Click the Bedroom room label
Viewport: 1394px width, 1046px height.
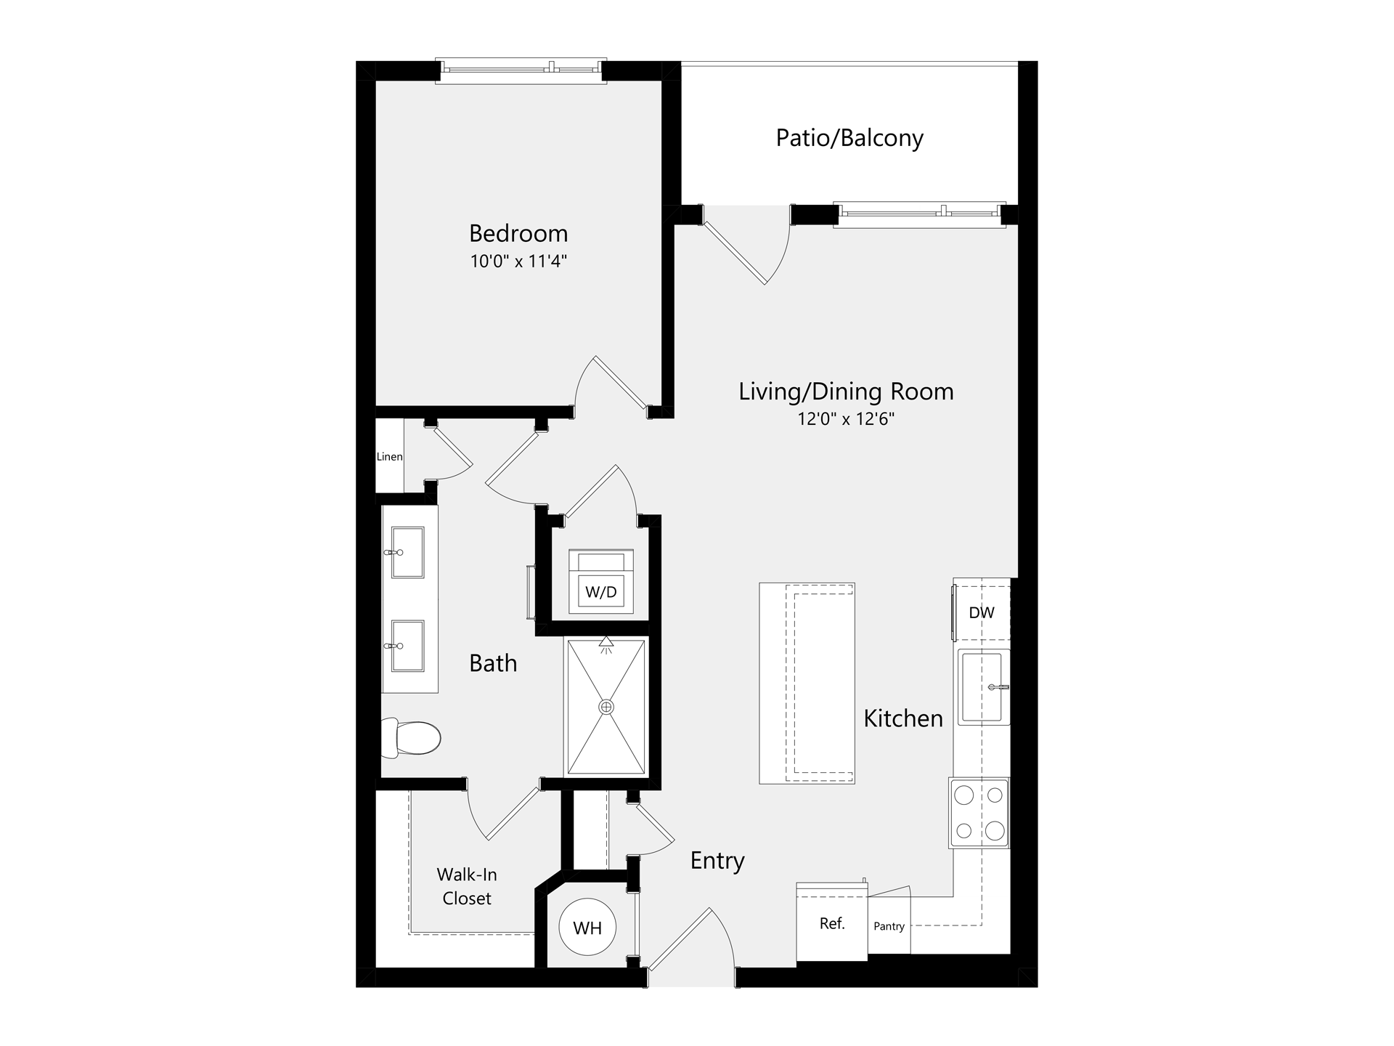pyautogui.click(x=518, y=233)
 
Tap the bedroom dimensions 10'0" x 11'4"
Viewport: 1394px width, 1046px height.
pyautogui.click(x=518, y=261)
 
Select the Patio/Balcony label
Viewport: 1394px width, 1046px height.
pyautogui.click(x=849, y=138)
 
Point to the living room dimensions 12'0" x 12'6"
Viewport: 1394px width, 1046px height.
pyautogui.click(x=846, y=419)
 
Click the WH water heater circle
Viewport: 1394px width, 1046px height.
pyautogui.click(x=587, y=927)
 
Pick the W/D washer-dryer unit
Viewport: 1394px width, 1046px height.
pyautogui.click(x=601, y=581)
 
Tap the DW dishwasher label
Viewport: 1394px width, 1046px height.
pyautogui.click(x=982, y=612)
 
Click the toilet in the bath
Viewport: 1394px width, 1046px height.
pyautogui.click(x=411, y=737)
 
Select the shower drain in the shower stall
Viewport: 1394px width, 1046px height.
pyautogui.click(x=606, y=707)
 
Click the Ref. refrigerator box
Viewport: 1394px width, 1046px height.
pyautogui.click(x=832, y=923)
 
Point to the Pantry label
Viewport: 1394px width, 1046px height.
pyautogui.click(x=889, y=926)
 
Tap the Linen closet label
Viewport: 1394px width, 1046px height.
pyautogui.click(x=389, y=457)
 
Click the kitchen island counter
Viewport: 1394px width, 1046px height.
pyautogui.click(x=807, y=683)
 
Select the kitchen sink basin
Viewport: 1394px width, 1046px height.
pyautogui.click(x=983, y=686)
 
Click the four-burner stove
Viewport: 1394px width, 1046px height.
pyautogui.click(x=979, y=813)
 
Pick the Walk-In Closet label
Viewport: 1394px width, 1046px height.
pyautogui.click(x=467, y=886)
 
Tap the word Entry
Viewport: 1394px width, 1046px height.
pyautogui.click(x=717, y=861)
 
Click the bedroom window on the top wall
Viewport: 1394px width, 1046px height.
pyautogui.click(x=521, y=70)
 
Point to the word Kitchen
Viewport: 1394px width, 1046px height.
pyautogui.click(x=903, y=718)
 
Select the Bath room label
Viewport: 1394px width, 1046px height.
pyautogui.click(x=493, y=663)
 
